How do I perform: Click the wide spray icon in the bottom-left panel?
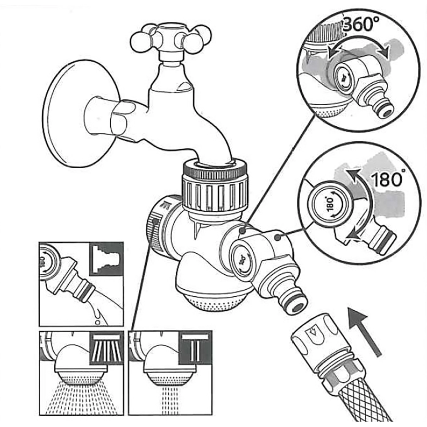106,347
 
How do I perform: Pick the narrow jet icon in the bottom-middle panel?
196,347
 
